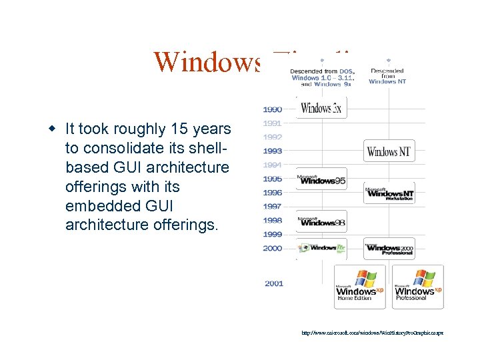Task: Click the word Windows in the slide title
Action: (207, 61)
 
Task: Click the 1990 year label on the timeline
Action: (272, 109)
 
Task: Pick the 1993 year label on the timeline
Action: (272, 151)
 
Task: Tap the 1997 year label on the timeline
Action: (272, 207)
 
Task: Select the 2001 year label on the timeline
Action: (274, 283)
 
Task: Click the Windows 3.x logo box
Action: (321, 108)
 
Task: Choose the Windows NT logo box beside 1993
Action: (389, 151)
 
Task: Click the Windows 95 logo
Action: (321, 179)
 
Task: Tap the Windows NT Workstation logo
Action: (389, 193)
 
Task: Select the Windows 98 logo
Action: (321, 221)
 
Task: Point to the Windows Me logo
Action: (321, 248)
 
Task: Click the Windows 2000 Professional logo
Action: (389, 249)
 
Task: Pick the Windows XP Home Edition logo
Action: (360, 287)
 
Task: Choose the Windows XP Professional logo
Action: (418, 287)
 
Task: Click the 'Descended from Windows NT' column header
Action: (387, 76)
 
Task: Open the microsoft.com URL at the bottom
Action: (372, 332)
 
